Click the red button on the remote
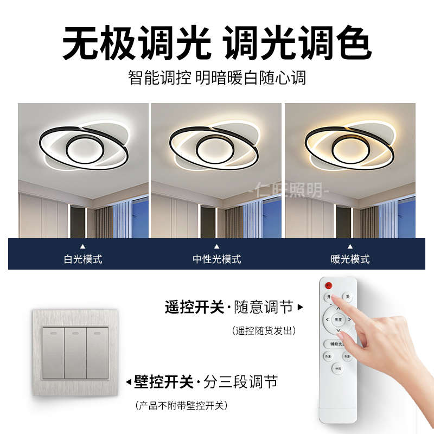tap(328, 285)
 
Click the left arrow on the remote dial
tap(327, 320)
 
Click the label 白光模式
tap(83, 259)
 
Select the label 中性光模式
tap(216, 259)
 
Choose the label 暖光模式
tap(350, 259)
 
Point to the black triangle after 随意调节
tap(301, 308)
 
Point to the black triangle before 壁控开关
tap(129, 382)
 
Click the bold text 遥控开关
tap(194, 308)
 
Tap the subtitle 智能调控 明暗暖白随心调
tap(217, 77)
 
